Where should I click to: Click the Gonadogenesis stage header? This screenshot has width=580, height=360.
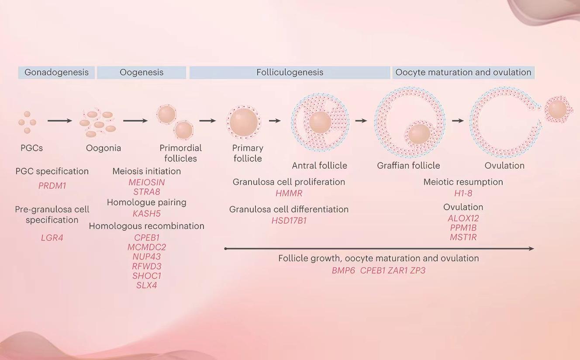tap(56, 73)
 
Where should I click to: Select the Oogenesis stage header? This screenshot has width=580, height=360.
tap(142, 73)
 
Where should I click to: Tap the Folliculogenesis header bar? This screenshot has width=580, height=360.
tap(290, 73)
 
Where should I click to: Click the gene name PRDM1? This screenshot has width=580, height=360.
tap(52, 186)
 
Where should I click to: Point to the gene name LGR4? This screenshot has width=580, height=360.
tap(52, 238)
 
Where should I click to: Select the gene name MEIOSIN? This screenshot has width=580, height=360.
tap(147, 182)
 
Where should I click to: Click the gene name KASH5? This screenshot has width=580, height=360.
tap(147, 214)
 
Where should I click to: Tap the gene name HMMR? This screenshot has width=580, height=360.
tap(289, 193)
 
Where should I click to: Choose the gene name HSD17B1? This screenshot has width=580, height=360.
tap(289, 221)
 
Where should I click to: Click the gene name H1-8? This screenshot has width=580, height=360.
tap(463, 193)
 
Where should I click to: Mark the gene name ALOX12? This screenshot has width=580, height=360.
tap(463, 218)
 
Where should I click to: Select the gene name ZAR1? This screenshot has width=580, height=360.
tap(397, 270)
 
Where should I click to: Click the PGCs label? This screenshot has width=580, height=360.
tap(32, 148)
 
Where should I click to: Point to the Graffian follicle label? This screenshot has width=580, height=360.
tap(408, 166)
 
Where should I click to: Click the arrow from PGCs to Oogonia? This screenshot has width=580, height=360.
tap(60, 121)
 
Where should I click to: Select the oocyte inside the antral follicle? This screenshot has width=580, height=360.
tap(320, 122)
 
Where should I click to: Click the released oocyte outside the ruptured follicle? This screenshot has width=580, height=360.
tap(557, 110)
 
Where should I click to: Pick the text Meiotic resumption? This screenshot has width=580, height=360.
tap(463, 182)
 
